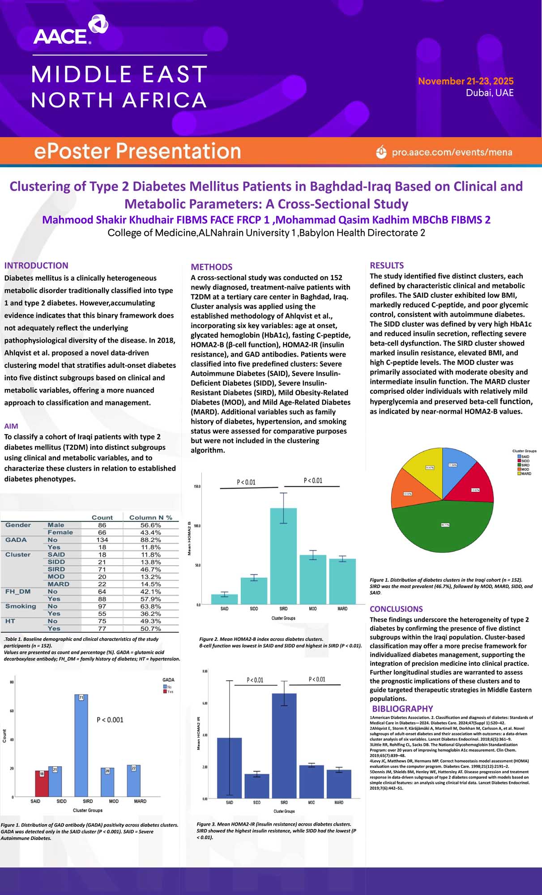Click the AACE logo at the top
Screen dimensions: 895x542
[70, 30]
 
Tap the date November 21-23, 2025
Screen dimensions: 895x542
[465, 81]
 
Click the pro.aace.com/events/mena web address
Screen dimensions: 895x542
[452, 152]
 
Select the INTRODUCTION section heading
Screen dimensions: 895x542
[36, 265]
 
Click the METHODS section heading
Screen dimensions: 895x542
[211, 267]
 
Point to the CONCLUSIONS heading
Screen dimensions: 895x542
[396, 609]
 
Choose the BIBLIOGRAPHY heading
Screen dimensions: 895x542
[402, 708]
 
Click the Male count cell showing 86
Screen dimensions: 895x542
[102, 525]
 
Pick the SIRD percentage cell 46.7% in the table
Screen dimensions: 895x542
[150, 569]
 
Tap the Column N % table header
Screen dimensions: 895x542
[150, 517]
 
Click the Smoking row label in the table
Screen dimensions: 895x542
[21, 606]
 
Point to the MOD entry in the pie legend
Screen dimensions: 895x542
[525, 469]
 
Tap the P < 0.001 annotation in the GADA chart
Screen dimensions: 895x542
[110, 720]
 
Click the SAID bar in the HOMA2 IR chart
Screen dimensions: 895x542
[229, 768]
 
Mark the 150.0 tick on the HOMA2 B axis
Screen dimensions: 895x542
[197, 486]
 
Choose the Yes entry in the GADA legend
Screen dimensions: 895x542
[170, 691]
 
